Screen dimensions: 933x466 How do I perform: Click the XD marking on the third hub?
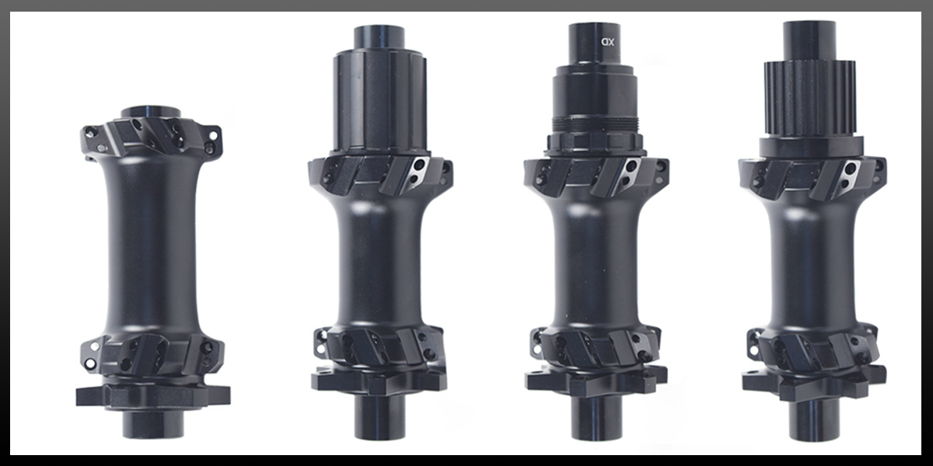pos(607,42)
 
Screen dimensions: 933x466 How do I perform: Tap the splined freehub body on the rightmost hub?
pos(809,100)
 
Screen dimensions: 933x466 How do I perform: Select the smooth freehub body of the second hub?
pos(380,101)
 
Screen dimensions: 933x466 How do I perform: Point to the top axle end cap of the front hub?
pos(151,112)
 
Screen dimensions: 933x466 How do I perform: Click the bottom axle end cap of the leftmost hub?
pos(153,424)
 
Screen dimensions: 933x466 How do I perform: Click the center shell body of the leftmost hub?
pos(152,249)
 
